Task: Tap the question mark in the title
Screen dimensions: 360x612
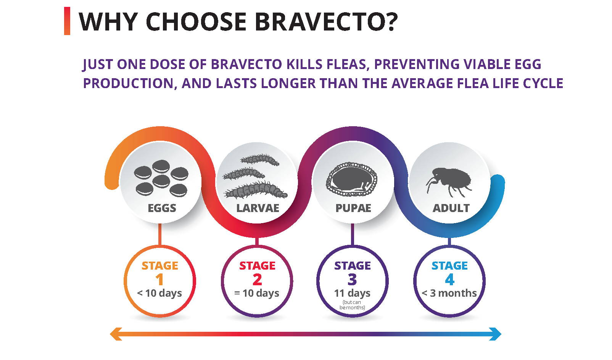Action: (x=389, y=22)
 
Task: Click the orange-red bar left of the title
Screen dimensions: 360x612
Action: (x=67, y=21)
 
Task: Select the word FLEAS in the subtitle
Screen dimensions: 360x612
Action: (x=347, y=64)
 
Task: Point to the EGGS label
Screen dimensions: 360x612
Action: (x=162, y=208)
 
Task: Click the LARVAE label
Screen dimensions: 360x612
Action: (x=258, y=208)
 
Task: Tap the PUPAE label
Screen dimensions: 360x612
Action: (x=353, y=208)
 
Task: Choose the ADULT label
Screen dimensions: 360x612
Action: (x=451, y=208)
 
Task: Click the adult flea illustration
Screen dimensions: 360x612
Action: (x=449, y=181)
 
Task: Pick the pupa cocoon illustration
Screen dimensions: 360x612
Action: (x=351, y=179)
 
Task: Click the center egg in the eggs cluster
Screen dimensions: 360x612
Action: (x=161, y=180)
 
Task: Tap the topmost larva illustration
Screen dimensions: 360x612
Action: (x=260, y=160)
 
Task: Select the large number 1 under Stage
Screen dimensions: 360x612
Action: (x=159, y=280)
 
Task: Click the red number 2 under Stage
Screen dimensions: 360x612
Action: (x=257, y=280)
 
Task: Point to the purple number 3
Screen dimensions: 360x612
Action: (x=352, y=280)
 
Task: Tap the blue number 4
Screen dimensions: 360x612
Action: (x=449, y=280)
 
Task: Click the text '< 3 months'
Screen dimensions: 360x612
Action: (x=449, y=293)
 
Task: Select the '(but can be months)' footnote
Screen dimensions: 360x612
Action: (x=352, y=305)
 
